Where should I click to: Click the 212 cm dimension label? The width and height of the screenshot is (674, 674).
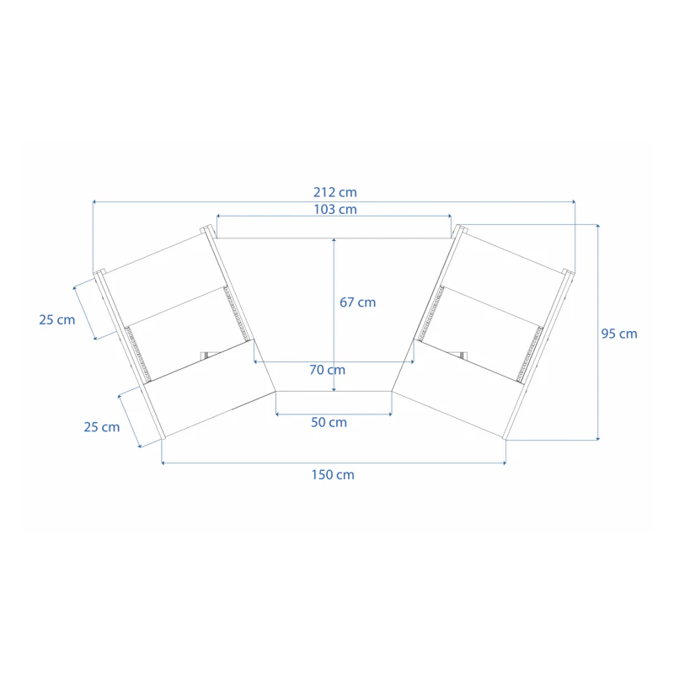point(334,193)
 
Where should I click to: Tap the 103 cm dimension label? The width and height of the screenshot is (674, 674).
point(334,209)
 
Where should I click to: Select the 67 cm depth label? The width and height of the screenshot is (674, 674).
point(357,302)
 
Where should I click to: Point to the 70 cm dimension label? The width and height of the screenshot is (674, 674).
point(327,369)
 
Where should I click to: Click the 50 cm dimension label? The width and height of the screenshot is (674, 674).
point(329,422)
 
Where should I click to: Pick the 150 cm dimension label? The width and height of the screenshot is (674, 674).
point(333,474)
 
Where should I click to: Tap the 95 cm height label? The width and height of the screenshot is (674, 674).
point(619,334)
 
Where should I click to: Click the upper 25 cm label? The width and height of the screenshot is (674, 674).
point(56,319)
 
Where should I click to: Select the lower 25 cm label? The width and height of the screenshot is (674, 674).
point(102,427)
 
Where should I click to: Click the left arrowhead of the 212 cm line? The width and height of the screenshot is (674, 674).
point(94,202)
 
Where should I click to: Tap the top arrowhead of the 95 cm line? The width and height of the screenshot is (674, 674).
point(598,227)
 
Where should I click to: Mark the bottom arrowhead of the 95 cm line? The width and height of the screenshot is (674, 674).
point(598,438)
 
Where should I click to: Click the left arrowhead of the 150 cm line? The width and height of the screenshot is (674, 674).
point(163,463)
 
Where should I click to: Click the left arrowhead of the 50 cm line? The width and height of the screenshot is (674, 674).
point(278,415)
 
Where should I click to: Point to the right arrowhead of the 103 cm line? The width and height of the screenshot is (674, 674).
point(450,217)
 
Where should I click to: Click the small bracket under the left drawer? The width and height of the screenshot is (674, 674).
point(205,355)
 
